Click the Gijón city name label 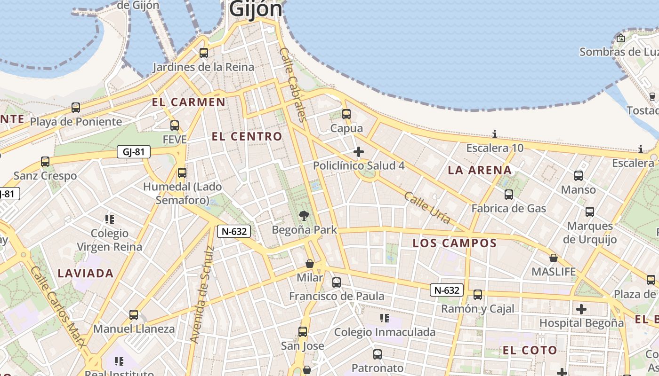(x=256, y=8)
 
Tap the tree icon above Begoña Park (x=304, y=216)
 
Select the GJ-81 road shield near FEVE (x=134, y=152)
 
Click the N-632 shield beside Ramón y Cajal (x=446, y=290)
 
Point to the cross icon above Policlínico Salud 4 (x=359, y=152)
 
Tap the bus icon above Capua (x=346, y=114)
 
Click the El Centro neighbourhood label (x=247, y=137)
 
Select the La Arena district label (x=480, y=170)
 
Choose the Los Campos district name (x=454, y=243)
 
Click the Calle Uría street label (x=427, y=208)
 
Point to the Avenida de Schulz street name (x=201, y=295)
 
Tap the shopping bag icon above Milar (x=310, y=264)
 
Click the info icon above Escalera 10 (x=494, y=134)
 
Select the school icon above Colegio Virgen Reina (x=110, y=219)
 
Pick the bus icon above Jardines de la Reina (x=204, y=53)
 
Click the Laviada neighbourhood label (x=86, y=273)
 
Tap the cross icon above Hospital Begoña (x=581, y=309)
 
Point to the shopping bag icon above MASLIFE (x=554, y=258)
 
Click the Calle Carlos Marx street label (x=58, y=306)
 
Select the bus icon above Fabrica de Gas (x=509, y=194)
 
